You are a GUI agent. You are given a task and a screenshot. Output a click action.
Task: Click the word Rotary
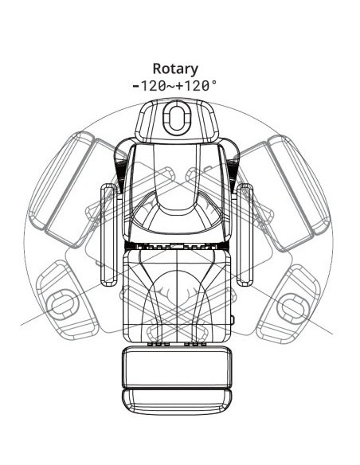click(x=175, y=69)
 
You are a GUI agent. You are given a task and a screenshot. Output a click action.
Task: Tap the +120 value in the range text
click(x=193, y=86)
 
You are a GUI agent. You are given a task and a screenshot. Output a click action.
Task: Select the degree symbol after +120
click(x=214, y=83)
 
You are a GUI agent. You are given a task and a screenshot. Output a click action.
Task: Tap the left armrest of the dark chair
click(x=109, y=235)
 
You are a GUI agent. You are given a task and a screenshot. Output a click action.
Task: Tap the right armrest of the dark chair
click(x=245, y=235)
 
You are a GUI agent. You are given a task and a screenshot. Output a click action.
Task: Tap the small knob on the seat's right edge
click(x=233, y=319)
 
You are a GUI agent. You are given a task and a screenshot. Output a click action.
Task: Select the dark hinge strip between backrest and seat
click(x=177, y=245)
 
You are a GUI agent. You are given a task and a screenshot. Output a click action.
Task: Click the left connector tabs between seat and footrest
click(x=158, y=344)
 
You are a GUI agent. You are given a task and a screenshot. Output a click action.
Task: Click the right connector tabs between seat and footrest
click(x=195, y=344)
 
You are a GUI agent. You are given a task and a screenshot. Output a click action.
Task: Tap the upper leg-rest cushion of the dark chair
click(x=177, y=366)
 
